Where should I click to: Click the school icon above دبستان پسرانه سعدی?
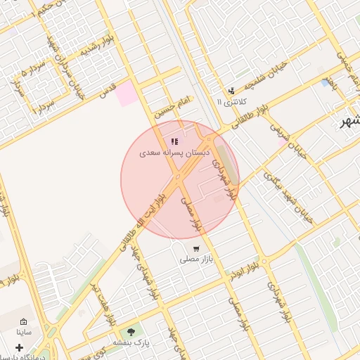pos(174,142)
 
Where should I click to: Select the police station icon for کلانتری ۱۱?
pos(231,91)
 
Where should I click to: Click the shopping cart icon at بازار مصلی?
pos(195,248)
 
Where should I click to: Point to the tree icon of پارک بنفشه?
pos(130,332)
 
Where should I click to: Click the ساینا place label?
pos(23,330)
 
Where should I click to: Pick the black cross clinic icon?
pos(19,347)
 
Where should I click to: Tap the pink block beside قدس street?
pos(128,94)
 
